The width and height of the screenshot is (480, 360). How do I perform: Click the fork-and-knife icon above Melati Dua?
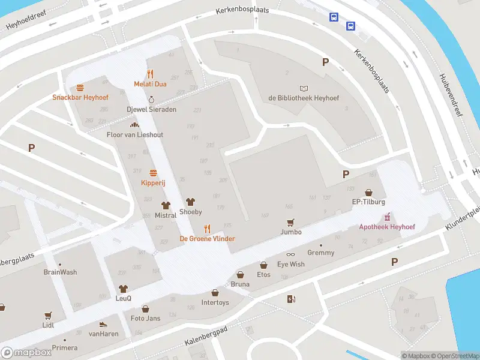[150, 74]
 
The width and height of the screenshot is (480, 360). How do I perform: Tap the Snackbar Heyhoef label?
[79, 97]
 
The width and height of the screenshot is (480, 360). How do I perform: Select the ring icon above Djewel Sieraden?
[151, 100]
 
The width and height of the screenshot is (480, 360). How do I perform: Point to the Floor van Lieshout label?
[134, 135]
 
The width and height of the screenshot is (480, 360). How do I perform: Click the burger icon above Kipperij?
[152, 173]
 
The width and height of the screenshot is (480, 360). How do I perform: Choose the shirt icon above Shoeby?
[191, 202]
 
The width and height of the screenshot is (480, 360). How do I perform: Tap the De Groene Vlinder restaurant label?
[207, 239]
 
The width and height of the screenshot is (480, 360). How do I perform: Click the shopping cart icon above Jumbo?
[291, 222]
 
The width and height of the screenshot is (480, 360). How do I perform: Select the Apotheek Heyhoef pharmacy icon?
[387, 217]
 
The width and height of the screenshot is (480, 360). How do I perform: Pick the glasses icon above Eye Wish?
[291, 254]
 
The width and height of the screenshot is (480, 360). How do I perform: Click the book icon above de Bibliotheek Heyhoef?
[304, 88]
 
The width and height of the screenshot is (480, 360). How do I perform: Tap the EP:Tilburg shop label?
[368, 202]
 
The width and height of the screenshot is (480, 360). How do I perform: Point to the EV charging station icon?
[292, 299]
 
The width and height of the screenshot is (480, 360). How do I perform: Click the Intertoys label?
[215, 302]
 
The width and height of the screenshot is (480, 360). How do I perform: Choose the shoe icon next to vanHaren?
[103, 324]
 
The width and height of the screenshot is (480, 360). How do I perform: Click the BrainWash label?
[60, 272]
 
